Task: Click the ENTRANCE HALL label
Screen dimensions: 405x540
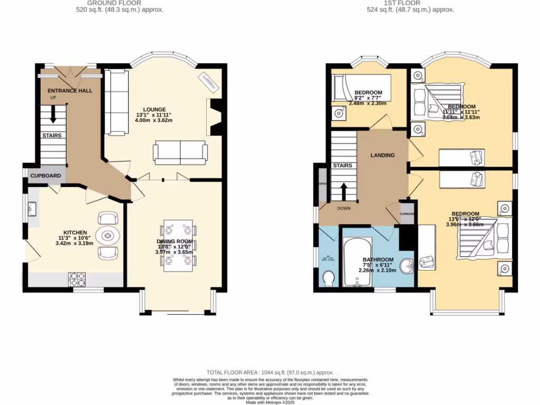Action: (x=66, y=91)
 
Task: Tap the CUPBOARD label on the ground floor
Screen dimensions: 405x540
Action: (x=45, y=176)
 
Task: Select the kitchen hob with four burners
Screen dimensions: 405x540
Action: (x=76, y=278)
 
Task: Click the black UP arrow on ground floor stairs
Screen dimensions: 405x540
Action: (x=53, y=114)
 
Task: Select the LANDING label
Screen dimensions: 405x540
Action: (x=382, y=155)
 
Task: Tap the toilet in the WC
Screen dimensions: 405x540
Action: (x=329, y=278)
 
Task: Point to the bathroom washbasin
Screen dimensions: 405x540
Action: (x=407, y=266)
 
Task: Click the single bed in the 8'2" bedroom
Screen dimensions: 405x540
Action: (x=362, y=88)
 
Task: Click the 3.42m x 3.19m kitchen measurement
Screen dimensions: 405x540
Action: (x=74, y=244)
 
